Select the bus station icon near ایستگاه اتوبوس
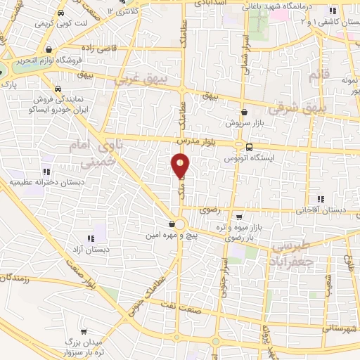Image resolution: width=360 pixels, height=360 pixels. (249, 146)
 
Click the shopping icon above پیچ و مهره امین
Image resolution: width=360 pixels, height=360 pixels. (172, 224)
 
